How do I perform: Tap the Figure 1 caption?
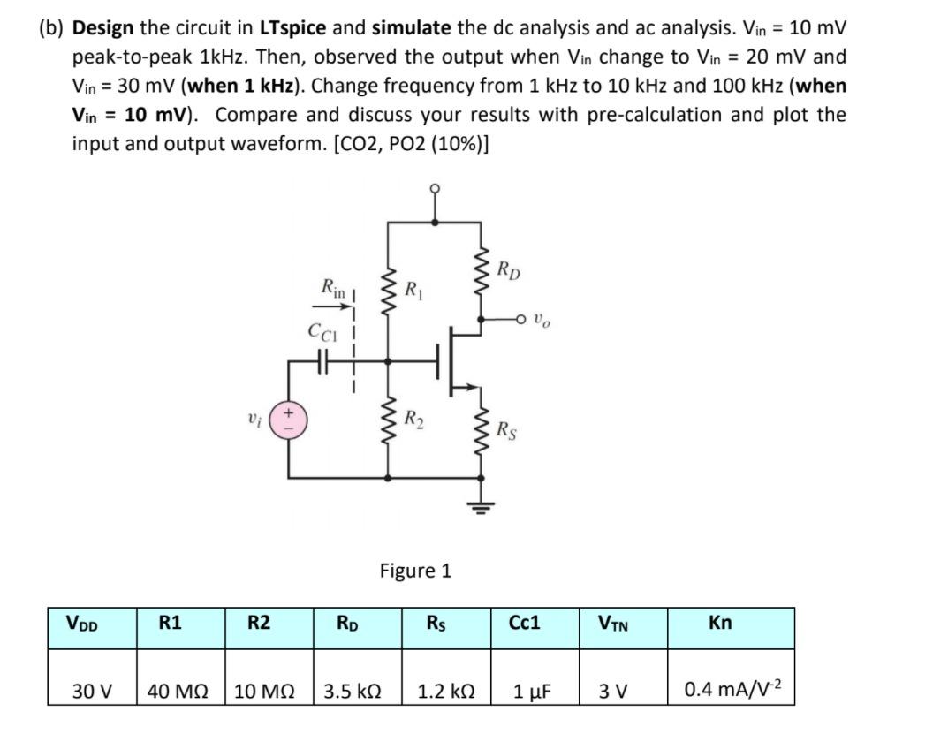point(415,571)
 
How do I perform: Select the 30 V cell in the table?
point(93,690)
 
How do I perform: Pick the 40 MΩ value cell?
point(181,690)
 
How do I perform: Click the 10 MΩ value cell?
point(270,690)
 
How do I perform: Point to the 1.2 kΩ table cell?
point(447,690)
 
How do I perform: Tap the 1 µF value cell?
point(535,690)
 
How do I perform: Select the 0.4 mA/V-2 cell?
point(720,690)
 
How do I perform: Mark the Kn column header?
point(720,624)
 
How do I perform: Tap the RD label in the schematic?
point(509,270)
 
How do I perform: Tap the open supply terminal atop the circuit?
point(435,191)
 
